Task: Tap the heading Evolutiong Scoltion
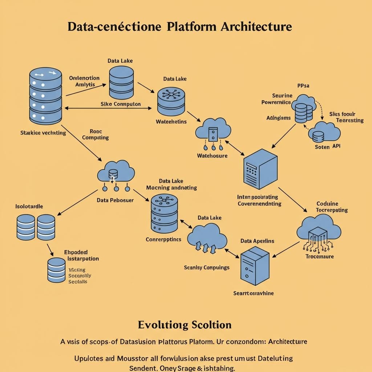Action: click(185, 324)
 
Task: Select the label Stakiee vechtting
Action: click(43, 133)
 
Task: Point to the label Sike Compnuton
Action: click(120, 104)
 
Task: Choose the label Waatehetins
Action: click(171, 122)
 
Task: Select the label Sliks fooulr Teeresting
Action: click(347, 117)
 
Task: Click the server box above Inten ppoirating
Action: click(260, 166)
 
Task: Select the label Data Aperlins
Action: click(257, 241)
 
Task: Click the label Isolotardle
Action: click(29, 206)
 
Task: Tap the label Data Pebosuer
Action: click(115, 200)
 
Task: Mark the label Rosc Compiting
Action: click(95, 134)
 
